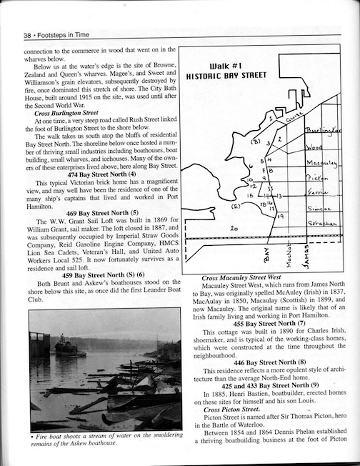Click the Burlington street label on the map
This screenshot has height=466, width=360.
321,132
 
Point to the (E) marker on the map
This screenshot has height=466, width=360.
235,206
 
